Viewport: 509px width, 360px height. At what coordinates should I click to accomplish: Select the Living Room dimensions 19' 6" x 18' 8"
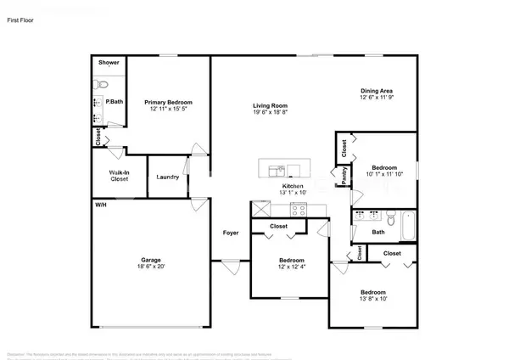pos(268,112)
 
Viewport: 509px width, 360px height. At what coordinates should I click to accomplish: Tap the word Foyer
pos(231,233)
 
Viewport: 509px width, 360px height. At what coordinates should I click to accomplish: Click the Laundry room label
pos(167,177)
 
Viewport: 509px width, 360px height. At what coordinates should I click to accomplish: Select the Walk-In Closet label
pos(119,177)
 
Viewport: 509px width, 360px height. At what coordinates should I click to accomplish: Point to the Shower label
pos(109,63)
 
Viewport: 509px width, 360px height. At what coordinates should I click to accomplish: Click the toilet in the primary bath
pos(99,84)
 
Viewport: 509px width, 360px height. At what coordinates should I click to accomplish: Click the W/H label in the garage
pos(100,205)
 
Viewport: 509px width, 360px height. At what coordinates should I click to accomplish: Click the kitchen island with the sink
pos(282,167)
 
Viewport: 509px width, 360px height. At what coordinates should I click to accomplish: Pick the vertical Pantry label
pos(344,175)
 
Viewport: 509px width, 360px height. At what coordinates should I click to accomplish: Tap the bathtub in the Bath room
pos(407,225)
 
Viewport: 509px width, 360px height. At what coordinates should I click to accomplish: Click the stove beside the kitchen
pos(299,209)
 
